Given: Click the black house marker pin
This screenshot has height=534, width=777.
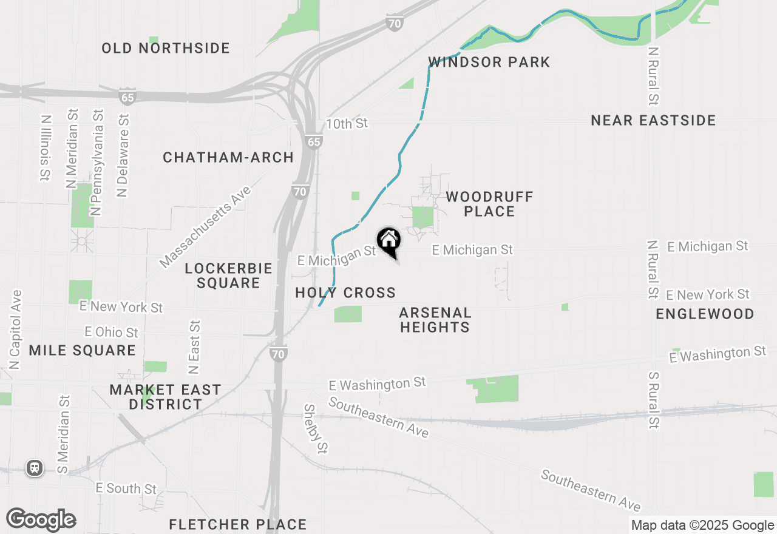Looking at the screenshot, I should [x=388, y=242].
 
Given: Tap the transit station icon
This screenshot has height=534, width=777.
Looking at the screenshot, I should [x=35, y=468].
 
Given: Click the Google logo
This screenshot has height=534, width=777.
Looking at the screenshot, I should [x=41, y=519].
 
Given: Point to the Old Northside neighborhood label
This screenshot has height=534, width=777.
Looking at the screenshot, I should [x=166, y=48].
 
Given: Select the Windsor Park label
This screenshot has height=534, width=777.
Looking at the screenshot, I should [x=489, y=62].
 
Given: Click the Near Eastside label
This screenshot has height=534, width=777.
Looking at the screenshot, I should [x=653, y=120].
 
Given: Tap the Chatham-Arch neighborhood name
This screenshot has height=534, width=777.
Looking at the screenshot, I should [x=228, y=158].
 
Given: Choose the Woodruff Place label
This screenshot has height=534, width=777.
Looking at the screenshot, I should [x=489, y=204].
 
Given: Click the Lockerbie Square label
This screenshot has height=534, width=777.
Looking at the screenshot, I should [x=228, y=275].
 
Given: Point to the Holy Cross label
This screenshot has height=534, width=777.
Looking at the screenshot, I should [x=345, y=292].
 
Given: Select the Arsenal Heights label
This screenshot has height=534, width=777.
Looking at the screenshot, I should [x=435, y=320].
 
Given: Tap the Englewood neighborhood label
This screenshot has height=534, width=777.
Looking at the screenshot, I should [x=705, y=314].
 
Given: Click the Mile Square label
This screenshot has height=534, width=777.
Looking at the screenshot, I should [x=83, y=350].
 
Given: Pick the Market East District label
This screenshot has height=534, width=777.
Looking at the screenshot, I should [x=165, y=397].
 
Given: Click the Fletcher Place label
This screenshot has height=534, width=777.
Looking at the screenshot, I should [x=237, y=524].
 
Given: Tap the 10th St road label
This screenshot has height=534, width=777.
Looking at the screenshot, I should [x=347, y=124].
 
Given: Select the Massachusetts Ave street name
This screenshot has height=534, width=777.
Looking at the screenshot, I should [x=205, y=227].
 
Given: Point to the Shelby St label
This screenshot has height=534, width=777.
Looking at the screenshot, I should [x=316, y=429].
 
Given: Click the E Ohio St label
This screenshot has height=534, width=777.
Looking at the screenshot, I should [x=112, y=332].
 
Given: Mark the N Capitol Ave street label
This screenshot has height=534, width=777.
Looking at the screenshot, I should [x=15, y=330].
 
